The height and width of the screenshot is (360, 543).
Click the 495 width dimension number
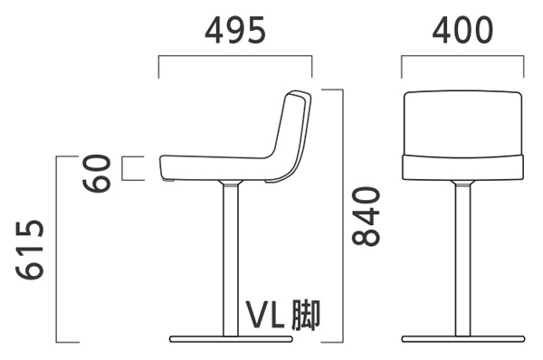(x=235, y=30)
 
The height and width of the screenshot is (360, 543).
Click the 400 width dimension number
(x=462, y=30)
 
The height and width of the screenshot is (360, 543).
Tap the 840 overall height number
(x=366, y=216)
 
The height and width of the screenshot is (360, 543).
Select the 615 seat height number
(x=30, y=250)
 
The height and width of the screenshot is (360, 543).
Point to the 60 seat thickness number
(x=97, y=173)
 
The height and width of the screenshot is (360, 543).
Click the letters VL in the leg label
(x=265, y=315)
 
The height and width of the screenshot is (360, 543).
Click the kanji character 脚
(x=306, y=315)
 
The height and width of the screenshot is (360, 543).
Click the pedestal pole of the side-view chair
(x=231, y=260)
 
